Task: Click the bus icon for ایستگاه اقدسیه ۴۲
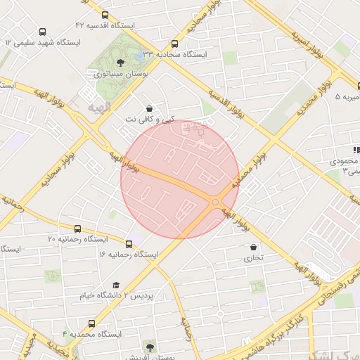click(105, 15)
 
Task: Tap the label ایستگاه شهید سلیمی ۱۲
click(43, 42)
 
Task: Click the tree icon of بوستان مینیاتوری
click(120, 63)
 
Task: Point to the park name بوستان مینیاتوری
click(120, 73)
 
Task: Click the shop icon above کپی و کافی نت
click(149, 109)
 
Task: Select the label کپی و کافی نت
click(148, 120)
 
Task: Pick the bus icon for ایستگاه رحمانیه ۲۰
click(78, 229)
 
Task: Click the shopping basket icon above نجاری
click(253, 247)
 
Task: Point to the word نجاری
click(253, 258)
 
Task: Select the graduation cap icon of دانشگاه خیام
click(116, 285)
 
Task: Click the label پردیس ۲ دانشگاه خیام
click(115, 295)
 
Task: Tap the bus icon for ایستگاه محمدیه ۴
click(92, 323)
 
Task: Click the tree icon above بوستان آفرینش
click(149, 347)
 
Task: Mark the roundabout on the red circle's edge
click(214, 202)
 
